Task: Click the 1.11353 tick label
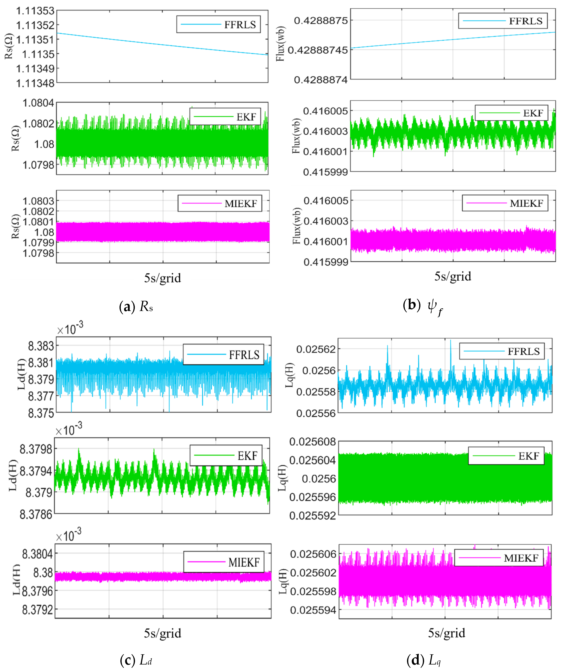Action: point(35,11)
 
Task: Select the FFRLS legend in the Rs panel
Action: point(218,24)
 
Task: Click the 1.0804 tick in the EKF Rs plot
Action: point(38,103)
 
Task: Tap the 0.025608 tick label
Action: point(312,442)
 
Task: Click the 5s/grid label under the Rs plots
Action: point(162,278)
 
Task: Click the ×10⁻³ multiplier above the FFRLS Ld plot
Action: point(70,329)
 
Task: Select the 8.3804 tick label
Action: point(37,554)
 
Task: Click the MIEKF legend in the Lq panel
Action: point(499,558)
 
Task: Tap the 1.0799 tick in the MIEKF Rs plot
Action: point(38,242)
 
